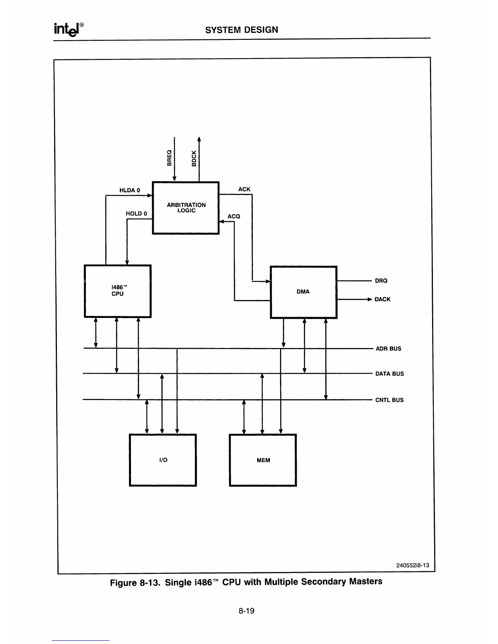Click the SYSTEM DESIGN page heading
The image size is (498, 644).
tap(242, 30)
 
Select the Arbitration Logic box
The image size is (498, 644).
tap(186, 208)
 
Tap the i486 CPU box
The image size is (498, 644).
tap(118, 291)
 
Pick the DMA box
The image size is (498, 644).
tap(304, 292)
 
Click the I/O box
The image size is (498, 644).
tap(163, 460)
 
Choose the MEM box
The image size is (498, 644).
tap(263, 460)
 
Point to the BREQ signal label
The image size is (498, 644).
tap(169, 158)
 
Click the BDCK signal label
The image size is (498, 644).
tap(194, 158)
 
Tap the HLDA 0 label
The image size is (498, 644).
tap(129, 190)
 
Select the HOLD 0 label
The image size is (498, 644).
tap(136, 213)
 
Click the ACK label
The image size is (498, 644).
tap(244, 189)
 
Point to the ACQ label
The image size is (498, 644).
tap(234, 216)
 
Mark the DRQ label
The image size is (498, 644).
tap(381, 281)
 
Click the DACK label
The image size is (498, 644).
tap(382, 299)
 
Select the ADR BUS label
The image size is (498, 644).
tap(388, 348)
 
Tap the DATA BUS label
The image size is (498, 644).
tap(389, 374)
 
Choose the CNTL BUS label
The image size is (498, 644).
tap(389, 400)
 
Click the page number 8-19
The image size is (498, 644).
tap(247, 611)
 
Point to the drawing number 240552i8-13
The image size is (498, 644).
tap(413, 565)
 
